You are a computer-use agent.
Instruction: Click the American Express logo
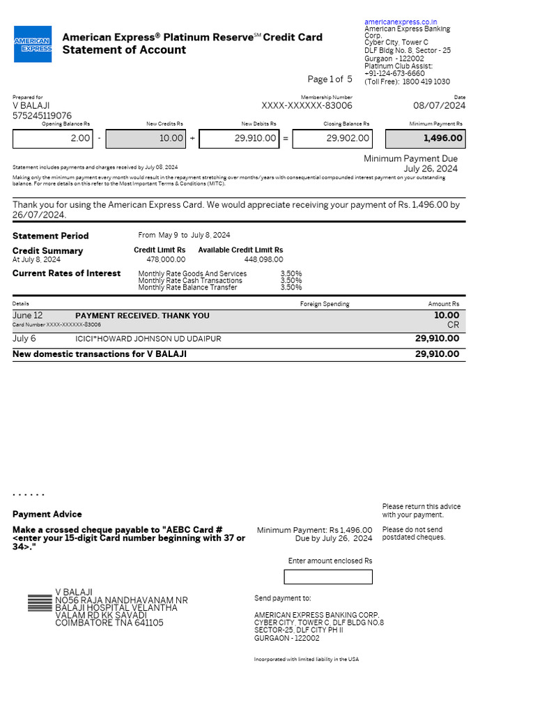(x=33, y=43)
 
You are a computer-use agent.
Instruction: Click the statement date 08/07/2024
(x=440, y=106)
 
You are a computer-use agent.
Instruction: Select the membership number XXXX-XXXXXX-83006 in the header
(x=307, y=106)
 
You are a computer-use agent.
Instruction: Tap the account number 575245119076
(x=42, y=116)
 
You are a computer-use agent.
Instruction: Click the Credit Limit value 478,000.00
(x=166, y=259)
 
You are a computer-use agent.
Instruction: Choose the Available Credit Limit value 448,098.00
(x=263, y=259)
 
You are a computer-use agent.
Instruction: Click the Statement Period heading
(x=51, y=236)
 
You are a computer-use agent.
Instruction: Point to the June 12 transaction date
(x=27, y=316)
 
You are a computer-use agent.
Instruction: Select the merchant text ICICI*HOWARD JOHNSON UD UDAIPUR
(x=148, y=339)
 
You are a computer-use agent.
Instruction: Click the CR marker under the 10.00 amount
(x=453, y=326)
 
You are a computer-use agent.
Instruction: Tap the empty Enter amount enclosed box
(x=328, y=577)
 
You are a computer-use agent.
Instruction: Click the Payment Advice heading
(x=47, y=514)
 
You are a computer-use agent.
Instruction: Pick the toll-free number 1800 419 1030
(x=426, y=82)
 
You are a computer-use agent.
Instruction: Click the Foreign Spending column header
(x=325, y=304)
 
